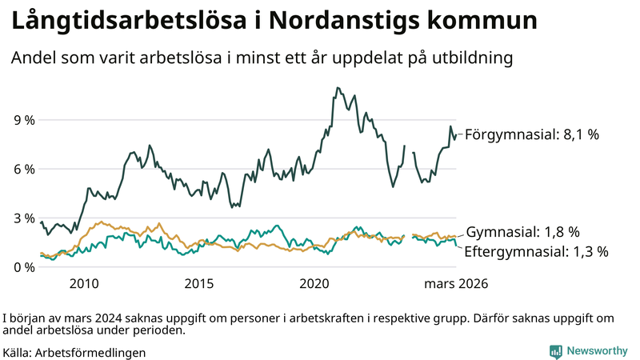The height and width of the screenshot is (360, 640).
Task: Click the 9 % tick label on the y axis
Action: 24,120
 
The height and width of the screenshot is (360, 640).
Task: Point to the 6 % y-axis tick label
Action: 24,169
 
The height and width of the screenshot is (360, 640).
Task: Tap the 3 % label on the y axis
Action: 24,218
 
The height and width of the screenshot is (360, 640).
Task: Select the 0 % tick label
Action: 24,266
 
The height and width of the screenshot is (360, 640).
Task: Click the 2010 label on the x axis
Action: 84,283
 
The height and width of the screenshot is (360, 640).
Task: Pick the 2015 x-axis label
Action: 199,283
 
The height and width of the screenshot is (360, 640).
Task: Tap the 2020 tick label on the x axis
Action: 314,283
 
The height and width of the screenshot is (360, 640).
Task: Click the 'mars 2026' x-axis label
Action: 456,283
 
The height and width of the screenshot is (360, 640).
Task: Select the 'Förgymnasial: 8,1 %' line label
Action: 532,135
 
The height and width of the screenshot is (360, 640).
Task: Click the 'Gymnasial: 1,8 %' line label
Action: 522,233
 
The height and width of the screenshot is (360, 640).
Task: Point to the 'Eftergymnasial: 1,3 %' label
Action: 536,251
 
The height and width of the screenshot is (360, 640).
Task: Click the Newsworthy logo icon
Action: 555,350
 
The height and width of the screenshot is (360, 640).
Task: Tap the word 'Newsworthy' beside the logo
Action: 597,350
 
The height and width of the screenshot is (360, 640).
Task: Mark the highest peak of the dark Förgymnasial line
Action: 338,88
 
